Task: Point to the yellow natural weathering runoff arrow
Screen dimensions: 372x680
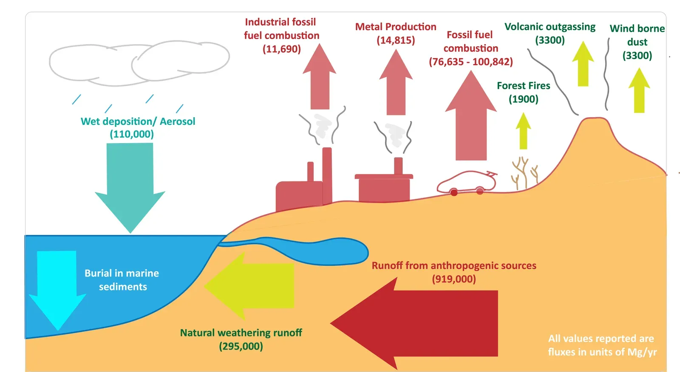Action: pos(255,285)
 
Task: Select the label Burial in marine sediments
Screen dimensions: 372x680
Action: pos(122,280)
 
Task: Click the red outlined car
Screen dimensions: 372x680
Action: pos(467,183)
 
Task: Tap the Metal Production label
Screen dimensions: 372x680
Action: pos(396,27)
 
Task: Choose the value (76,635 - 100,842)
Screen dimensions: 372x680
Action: pos(470,62)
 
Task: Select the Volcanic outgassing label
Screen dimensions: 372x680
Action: pos(550,27)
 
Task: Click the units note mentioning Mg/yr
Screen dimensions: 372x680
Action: pos(602,345)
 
